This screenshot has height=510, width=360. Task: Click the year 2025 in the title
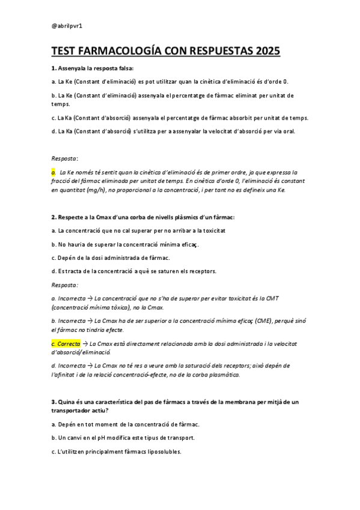tap(264, 52)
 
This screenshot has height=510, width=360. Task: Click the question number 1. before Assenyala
tap(53, 68)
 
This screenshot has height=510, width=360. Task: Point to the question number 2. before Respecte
tap(53, 217)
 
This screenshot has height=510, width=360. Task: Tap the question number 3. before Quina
tap(53, 401)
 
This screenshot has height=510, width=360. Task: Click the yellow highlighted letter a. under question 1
tap(53, 172)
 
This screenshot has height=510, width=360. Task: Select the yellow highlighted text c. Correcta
tap(66, 343)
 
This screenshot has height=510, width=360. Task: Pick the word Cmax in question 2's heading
tap(101, 217)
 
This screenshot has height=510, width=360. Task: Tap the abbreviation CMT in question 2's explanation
tap(272, 298)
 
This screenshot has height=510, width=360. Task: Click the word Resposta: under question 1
tap(65, 158)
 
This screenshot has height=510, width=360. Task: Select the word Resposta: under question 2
tap(65, 284)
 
